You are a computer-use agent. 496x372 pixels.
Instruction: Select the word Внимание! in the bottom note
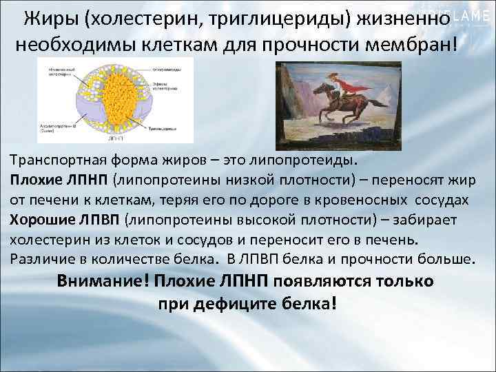[x=103, y=282]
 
